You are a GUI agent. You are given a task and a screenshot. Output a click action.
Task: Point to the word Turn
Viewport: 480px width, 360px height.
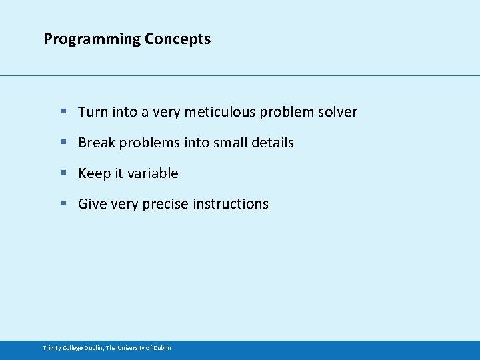[93, 112]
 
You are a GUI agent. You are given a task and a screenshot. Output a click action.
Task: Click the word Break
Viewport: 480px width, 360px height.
[97, 143]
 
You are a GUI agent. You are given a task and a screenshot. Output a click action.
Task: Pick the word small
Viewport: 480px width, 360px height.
[231, 143]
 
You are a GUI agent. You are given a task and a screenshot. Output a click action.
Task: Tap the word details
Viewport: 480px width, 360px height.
[273, 143]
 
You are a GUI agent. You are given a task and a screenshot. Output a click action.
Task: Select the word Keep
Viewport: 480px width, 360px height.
[93, 173]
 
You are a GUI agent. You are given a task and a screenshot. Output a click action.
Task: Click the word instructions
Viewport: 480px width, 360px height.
[231, 204]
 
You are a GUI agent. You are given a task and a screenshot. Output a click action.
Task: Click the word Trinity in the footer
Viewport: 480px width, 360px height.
[51, 348]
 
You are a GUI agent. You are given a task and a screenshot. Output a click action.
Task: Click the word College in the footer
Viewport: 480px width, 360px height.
[72, 348]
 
